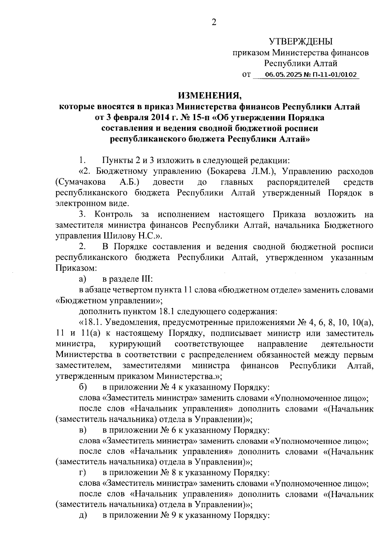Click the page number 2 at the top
214,22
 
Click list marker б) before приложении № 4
82,387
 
